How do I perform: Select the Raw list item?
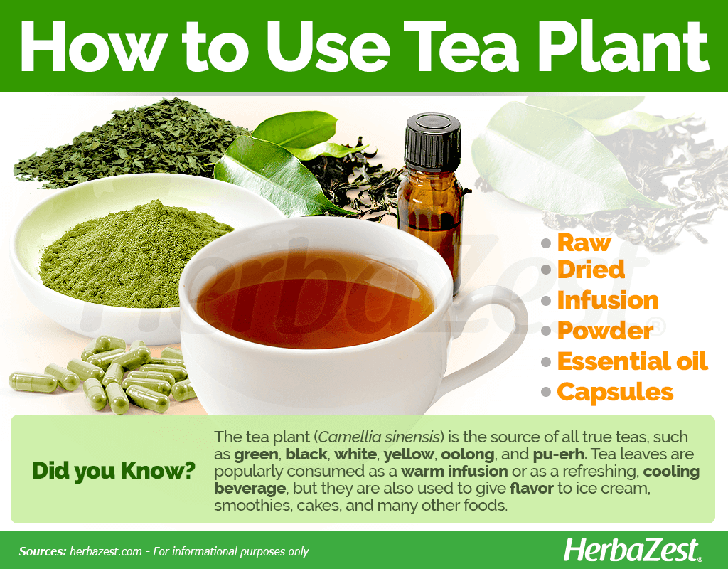point(584,243)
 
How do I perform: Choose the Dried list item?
point(591,270)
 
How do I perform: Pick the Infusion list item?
point(608,300)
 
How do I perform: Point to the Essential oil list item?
point(632,361)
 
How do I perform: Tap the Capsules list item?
point(615,393)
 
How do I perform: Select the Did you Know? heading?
point(113,471)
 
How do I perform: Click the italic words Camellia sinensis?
point(379,437)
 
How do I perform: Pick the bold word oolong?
point(468,454)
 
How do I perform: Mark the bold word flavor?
point(532,489)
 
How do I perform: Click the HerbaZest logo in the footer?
point(632,551)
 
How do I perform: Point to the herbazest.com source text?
point(106,551)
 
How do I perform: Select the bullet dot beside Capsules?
point(546,393)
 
